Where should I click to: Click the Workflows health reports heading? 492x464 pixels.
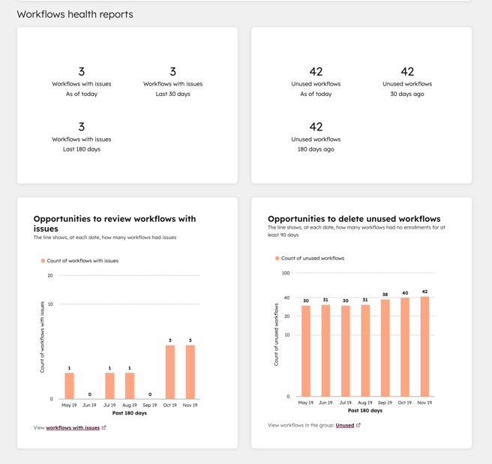click(75, 14)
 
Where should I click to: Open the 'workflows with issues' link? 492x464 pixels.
click(73, 428)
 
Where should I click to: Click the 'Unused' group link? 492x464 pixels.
click(345, 425)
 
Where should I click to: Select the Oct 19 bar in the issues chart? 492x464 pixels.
click(170, 372)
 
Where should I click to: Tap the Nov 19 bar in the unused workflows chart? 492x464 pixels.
click(424, 346)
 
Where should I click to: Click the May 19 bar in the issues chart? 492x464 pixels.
click(69, 386)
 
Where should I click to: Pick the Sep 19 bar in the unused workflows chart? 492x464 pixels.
click(385, 348)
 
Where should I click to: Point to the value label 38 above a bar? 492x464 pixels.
click(385, 295)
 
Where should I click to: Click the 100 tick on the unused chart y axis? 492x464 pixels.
click(286, 273)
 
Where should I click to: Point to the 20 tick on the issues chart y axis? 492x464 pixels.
click(50, 276)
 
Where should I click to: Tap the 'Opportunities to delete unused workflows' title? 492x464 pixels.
click(354, 219)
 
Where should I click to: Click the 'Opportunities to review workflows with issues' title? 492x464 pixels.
click(115, 223)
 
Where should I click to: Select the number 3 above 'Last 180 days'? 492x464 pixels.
click(82, 127)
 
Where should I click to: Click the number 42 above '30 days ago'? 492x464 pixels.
click(407, 72)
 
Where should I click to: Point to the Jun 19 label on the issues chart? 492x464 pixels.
click(89, 405)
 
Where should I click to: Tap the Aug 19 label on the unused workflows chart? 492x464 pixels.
click(364, 403)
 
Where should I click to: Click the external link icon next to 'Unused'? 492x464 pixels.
click(358, 425)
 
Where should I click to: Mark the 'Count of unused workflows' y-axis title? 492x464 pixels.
click(277, 334)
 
